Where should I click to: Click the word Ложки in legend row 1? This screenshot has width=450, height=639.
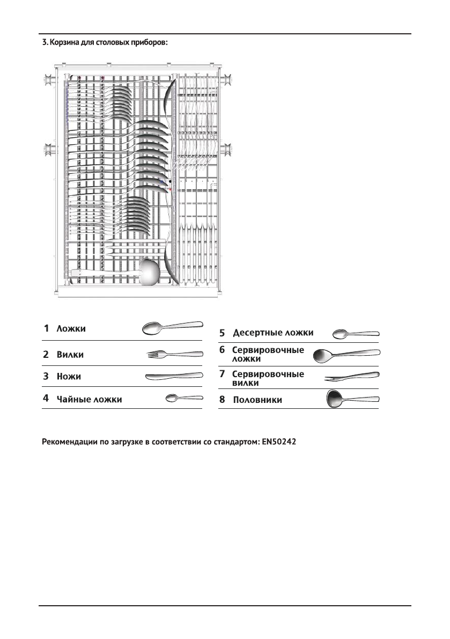[71, 328]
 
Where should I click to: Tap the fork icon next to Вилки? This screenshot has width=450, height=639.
[175, 354]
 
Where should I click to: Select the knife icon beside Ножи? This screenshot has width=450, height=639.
[174, 376]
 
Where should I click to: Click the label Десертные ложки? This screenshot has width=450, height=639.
[273, 333]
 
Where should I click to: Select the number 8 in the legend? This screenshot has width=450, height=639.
[222, 400]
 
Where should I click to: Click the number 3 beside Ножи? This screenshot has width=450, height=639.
[46, 376]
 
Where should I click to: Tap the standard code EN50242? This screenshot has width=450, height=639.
[282, 443]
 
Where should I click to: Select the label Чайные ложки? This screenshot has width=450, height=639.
[90, 399]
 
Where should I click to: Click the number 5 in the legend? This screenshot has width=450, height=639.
[222, 333]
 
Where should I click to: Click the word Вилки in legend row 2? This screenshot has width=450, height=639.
[70, 355]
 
